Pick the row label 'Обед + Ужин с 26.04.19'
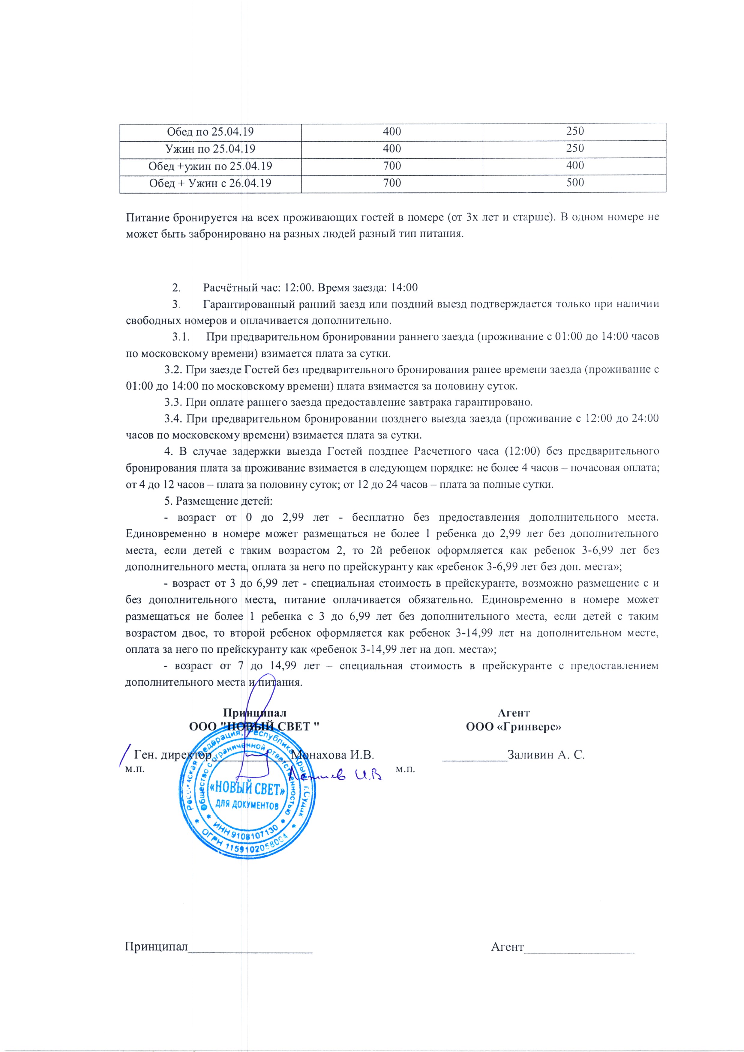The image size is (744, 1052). coord(210,183)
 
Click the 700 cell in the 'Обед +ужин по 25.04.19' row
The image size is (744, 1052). coord(392,166)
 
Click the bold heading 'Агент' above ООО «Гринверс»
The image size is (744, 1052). coord(514,713)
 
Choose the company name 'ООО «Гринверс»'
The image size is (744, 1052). coord(514,727)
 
